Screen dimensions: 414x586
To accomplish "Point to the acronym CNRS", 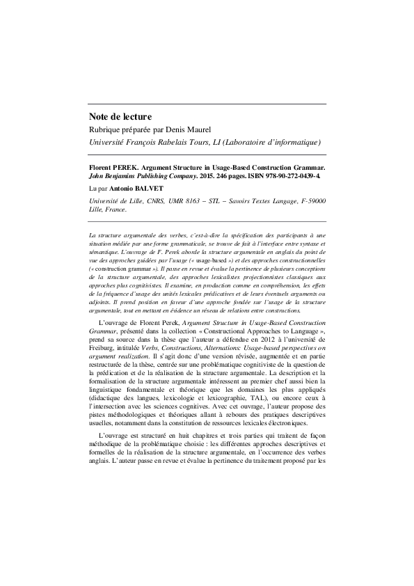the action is point(147,200).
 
